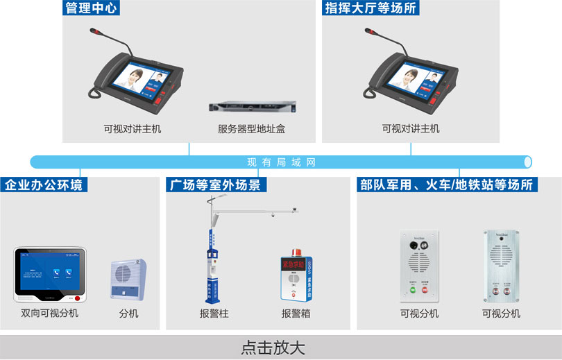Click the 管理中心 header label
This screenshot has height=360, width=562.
click(91, 8)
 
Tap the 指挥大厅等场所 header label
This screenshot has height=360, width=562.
click(371, 8)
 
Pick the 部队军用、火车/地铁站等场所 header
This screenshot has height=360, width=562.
click(447, 185)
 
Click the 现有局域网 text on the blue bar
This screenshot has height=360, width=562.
click(281, 162)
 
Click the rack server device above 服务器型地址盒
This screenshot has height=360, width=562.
click(251, 108)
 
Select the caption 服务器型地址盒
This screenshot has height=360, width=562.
click(251, 129)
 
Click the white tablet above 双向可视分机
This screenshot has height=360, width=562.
click(49, 275)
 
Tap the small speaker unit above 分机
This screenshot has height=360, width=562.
click(128, 280)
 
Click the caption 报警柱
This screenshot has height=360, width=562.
click(214, 314)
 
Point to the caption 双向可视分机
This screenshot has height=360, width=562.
click(49, 314)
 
